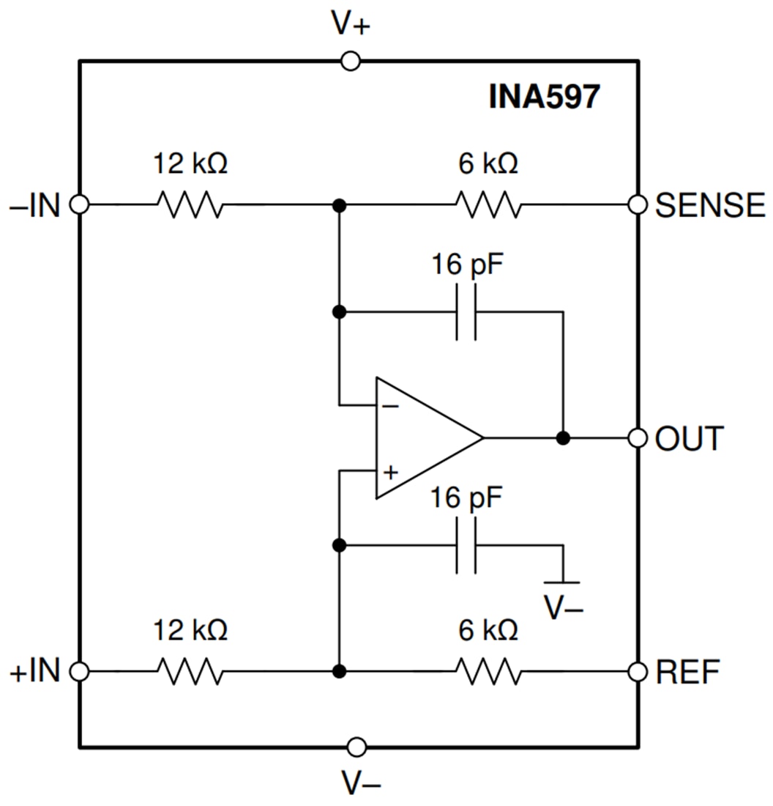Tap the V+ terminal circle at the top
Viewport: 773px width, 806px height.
coord(351,62)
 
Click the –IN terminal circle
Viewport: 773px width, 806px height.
coord(79,205)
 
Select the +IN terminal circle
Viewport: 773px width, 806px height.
coord(79,670)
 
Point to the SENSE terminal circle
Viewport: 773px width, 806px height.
coord(638,205)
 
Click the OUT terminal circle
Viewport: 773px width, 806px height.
coord(638,438)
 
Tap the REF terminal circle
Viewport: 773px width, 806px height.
coord(638,670)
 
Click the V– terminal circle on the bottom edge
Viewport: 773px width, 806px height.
coord(356,747)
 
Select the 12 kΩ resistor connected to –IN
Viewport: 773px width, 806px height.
coord(190,205)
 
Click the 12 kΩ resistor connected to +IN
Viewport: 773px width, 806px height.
coord(190,670)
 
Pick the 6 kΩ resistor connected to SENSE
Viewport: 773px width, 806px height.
coord(488,205)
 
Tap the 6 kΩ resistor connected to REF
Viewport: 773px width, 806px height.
coord(488,670)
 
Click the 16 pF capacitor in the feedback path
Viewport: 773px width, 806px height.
coord(466,312)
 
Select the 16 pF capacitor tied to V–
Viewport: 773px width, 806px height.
coord(466,545)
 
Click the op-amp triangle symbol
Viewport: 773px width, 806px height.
coord(425,438)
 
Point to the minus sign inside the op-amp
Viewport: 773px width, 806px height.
coord(391,405)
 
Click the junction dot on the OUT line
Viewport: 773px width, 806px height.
coord(562,438)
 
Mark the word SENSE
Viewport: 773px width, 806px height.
coord(709,206)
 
